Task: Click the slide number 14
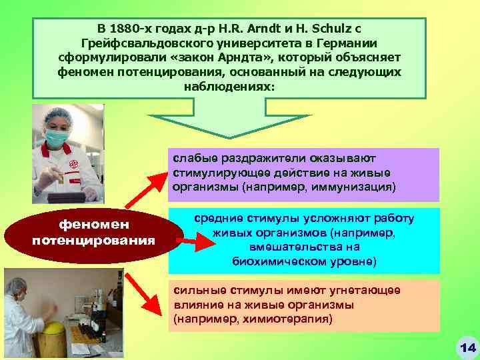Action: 467,347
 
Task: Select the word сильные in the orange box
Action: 195,290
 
